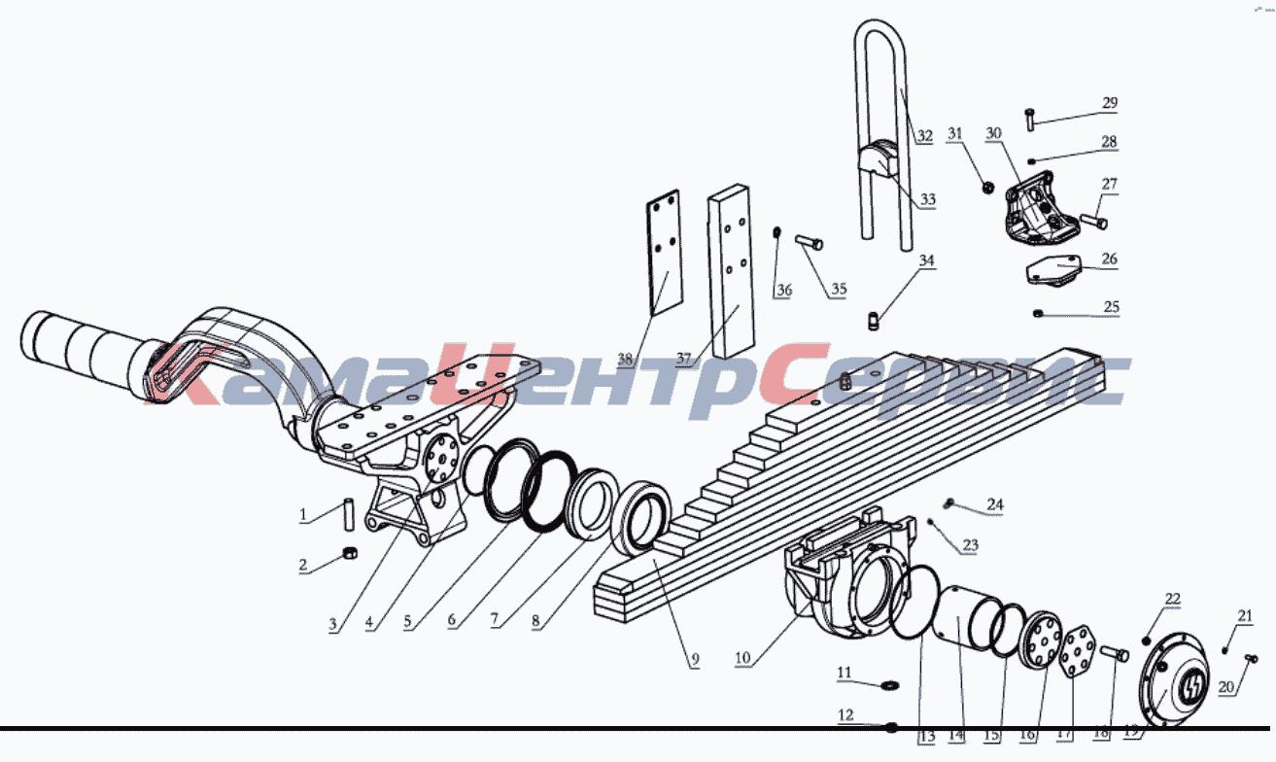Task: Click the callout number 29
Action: click(1109, 103)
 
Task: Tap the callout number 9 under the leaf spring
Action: click(695, 660)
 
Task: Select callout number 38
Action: click(625, 360)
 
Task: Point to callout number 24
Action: click(994, 504)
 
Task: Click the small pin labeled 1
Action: click(349, 515)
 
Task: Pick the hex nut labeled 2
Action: click(350, 552)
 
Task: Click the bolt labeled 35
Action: click(809, 243)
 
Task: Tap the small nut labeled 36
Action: click(776, 232)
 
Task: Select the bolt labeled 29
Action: click(1030, 120)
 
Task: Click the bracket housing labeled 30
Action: click(1041, 210)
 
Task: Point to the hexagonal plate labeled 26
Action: click(1053, 270)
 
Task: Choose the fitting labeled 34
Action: click(874, 321)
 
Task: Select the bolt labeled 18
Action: click(1115, 654)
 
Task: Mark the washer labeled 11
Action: click(891, 685)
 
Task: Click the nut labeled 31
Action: click(988, 187)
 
